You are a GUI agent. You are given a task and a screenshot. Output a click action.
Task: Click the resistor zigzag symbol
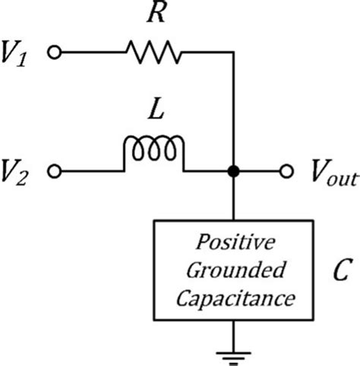click(153, 52)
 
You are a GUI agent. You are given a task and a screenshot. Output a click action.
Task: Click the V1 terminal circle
click(54, 52)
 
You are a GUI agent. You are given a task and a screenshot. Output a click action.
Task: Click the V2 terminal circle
click(54, 172)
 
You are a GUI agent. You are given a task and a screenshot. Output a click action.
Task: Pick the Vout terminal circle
click(286, 172)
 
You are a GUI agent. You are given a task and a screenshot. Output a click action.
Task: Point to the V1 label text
click(14, 54)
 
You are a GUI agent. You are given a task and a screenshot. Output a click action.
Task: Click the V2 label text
click(14, 172)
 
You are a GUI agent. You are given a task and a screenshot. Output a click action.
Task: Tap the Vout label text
click(334, 172)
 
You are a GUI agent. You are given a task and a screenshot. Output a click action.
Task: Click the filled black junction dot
click(233, 172)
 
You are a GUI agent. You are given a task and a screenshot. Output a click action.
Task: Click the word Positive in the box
click(235, 242)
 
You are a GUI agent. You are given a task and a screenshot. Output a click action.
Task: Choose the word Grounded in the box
click(235, 270)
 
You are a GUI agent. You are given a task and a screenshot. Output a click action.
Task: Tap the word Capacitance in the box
click(235, 298)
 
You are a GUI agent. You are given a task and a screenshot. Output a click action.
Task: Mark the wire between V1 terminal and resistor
click(93, 52)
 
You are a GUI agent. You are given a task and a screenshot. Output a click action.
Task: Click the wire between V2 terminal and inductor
click(93, 172)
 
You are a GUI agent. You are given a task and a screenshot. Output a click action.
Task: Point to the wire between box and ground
click(233, 336)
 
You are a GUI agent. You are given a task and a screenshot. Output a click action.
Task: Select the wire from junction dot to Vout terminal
click(260, 172)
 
